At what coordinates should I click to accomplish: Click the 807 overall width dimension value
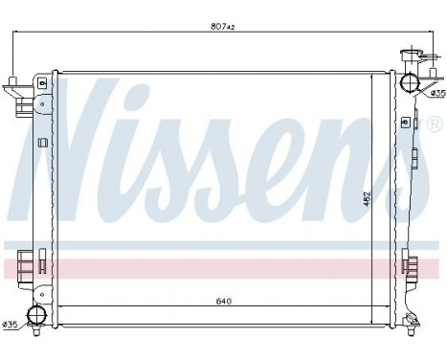pyautogui.click(x=221, y=26)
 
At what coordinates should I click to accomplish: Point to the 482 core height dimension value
pyautogui.click(x=365, y=199)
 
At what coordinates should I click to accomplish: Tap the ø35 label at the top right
pyautogui.click(x=436, y=93)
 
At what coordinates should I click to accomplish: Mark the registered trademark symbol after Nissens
pyautogui.click(x=432, y=125)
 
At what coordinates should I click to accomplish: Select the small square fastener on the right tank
pyautogui.click(x=405, y=123)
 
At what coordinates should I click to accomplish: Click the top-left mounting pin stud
pyautogui.click(x=12, y=79)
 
